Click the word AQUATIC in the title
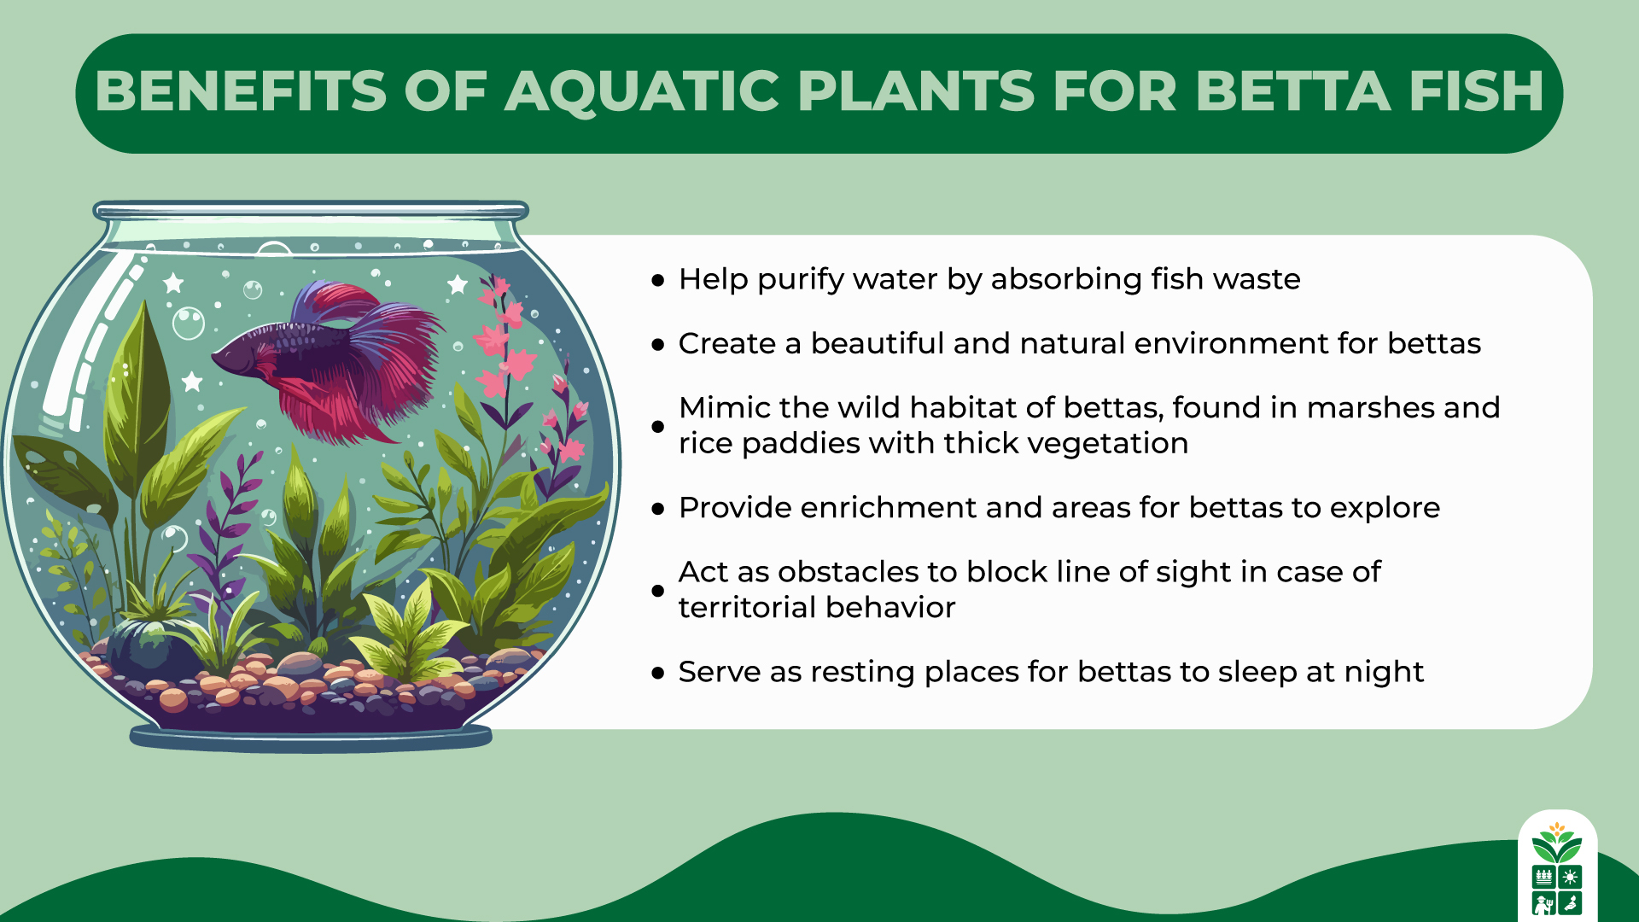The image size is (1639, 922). [642, 91]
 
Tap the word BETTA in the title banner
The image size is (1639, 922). [1292, 91]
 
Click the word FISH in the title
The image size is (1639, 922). [1476, 91]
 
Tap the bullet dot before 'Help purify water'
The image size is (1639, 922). [657, 280]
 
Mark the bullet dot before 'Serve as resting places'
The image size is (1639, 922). [657, 673]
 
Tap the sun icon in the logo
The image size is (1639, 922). [1570, 877]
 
